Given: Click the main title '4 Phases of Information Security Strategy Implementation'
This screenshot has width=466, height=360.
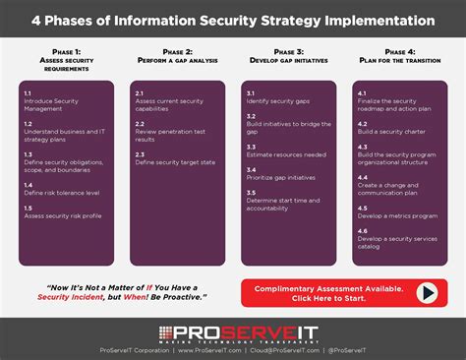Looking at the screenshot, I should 233,20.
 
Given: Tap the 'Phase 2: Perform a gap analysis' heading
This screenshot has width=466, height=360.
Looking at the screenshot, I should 177,58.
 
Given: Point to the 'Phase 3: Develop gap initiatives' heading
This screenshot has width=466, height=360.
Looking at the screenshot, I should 289,58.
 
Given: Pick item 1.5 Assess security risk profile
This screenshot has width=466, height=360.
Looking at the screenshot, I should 61,213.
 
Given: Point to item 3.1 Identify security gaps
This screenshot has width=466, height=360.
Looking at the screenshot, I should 279,97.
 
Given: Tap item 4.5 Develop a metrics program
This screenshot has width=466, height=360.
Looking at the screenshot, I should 397,213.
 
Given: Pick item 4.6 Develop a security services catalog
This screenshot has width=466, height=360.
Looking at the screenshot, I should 397,237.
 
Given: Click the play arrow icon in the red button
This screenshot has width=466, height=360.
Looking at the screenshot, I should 426,292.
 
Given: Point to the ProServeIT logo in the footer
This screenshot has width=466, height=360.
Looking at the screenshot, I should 233,332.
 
